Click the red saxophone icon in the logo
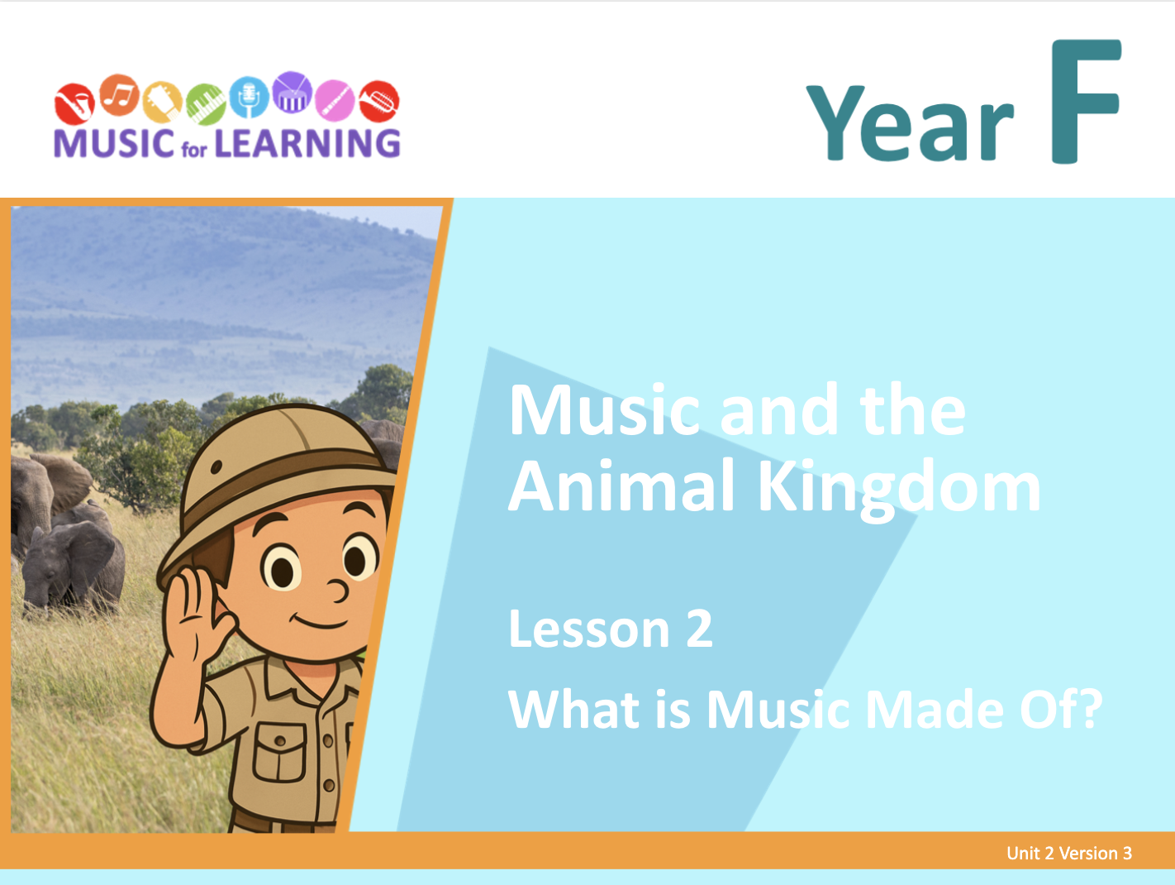(x=75, y=104)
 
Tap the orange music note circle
(x=119, y=95)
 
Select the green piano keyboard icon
(x=206, y=104)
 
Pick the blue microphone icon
(x=249, y=97)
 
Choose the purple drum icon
(x=293, y=92)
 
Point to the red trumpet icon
(x=379, y=101)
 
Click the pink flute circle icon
(x=335, y=100)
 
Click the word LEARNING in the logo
(x=308, y=144)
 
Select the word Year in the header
(x=910, y=122)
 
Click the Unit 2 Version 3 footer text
(x=1069, y=853)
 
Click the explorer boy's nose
(x=338, y=590)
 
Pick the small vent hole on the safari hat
(x=216, y=466)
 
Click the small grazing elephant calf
(x=72, y=568)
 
